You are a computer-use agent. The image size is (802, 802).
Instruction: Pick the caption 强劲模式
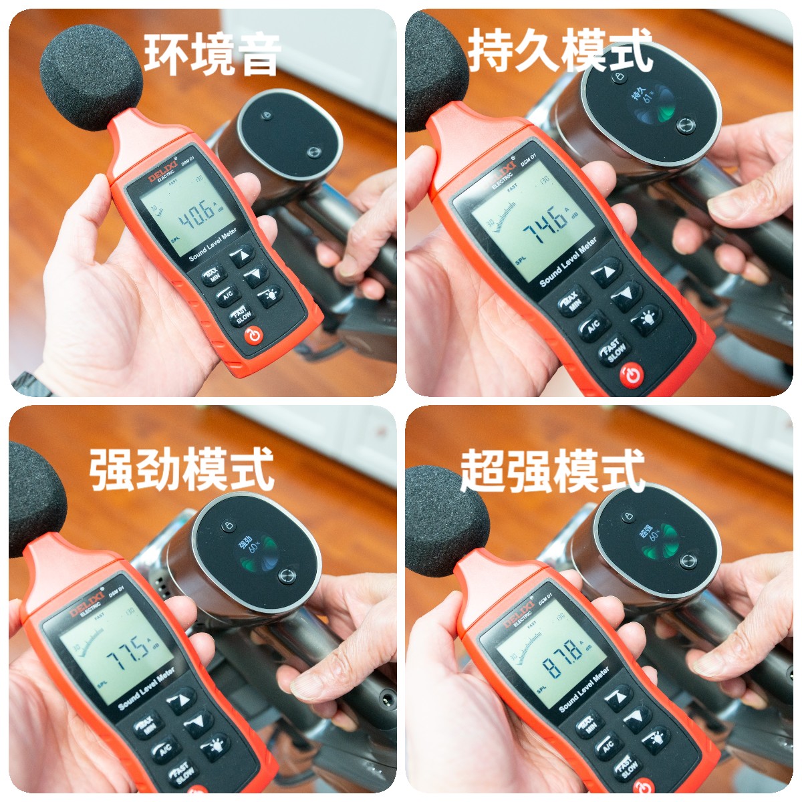click(182, 469)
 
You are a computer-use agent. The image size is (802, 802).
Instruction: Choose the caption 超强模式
click(552, 471)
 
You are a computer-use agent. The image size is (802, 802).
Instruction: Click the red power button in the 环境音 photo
click(255, 336)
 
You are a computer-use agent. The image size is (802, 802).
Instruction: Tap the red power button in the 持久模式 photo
click(632, 376)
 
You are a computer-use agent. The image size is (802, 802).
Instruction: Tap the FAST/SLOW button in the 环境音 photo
click(241, 315)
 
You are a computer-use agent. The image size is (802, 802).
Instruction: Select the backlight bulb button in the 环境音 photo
click(271, 295)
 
